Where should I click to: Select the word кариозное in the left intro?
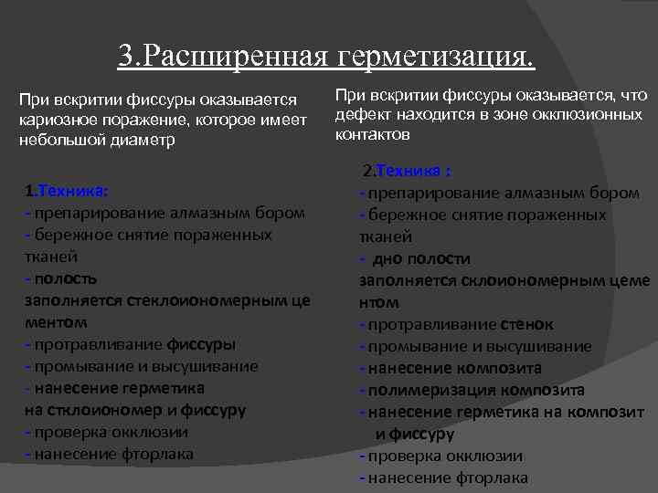(x=62, y=120)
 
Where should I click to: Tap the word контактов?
(x=373, y=135)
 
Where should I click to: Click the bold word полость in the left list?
(x=64, y=278)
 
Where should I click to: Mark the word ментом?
(x=56, y=322)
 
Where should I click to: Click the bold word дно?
(x=386, y=258)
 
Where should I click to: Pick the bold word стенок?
(x=526, y=324)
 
